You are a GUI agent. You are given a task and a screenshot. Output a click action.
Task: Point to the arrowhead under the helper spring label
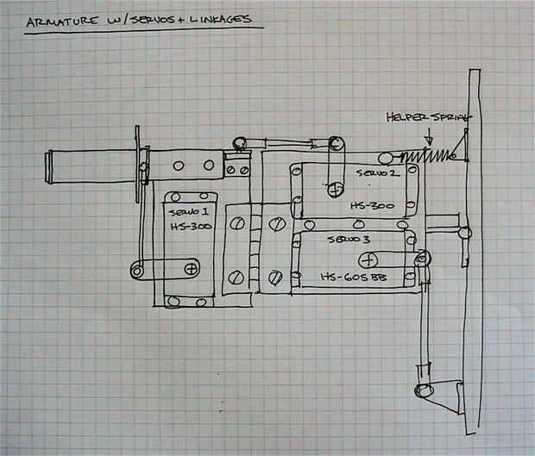[428, 141]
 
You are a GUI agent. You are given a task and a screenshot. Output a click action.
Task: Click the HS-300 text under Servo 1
[189, 225]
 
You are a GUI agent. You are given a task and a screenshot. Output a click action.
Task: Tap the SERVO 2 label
[376, 172]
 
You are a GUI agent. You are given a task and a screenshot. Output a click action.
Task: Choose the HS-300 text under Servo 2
[372, 207]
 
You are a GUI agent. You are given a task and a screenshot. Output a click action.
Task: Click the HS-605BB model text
[351, 277]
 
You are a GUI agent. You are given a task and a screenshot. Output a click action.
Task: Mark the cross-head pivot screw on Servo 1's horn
[191, 269]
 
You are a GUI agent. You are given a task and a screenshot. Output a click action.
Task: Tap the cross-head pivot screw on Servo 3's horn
[368, 259]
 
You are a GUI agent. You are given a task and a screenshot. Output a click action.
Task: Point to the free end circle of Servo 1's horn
[138, 271]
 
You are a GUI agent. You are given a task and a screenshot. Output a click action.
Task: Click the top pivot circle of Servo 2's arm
[336, 143]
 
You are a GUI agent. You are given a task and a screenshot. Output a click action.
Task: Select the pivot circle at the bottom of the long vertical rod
[423, 390]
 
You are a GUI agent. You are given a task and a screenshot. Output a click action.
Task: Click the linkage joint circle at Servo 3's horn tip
[422, 258]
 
